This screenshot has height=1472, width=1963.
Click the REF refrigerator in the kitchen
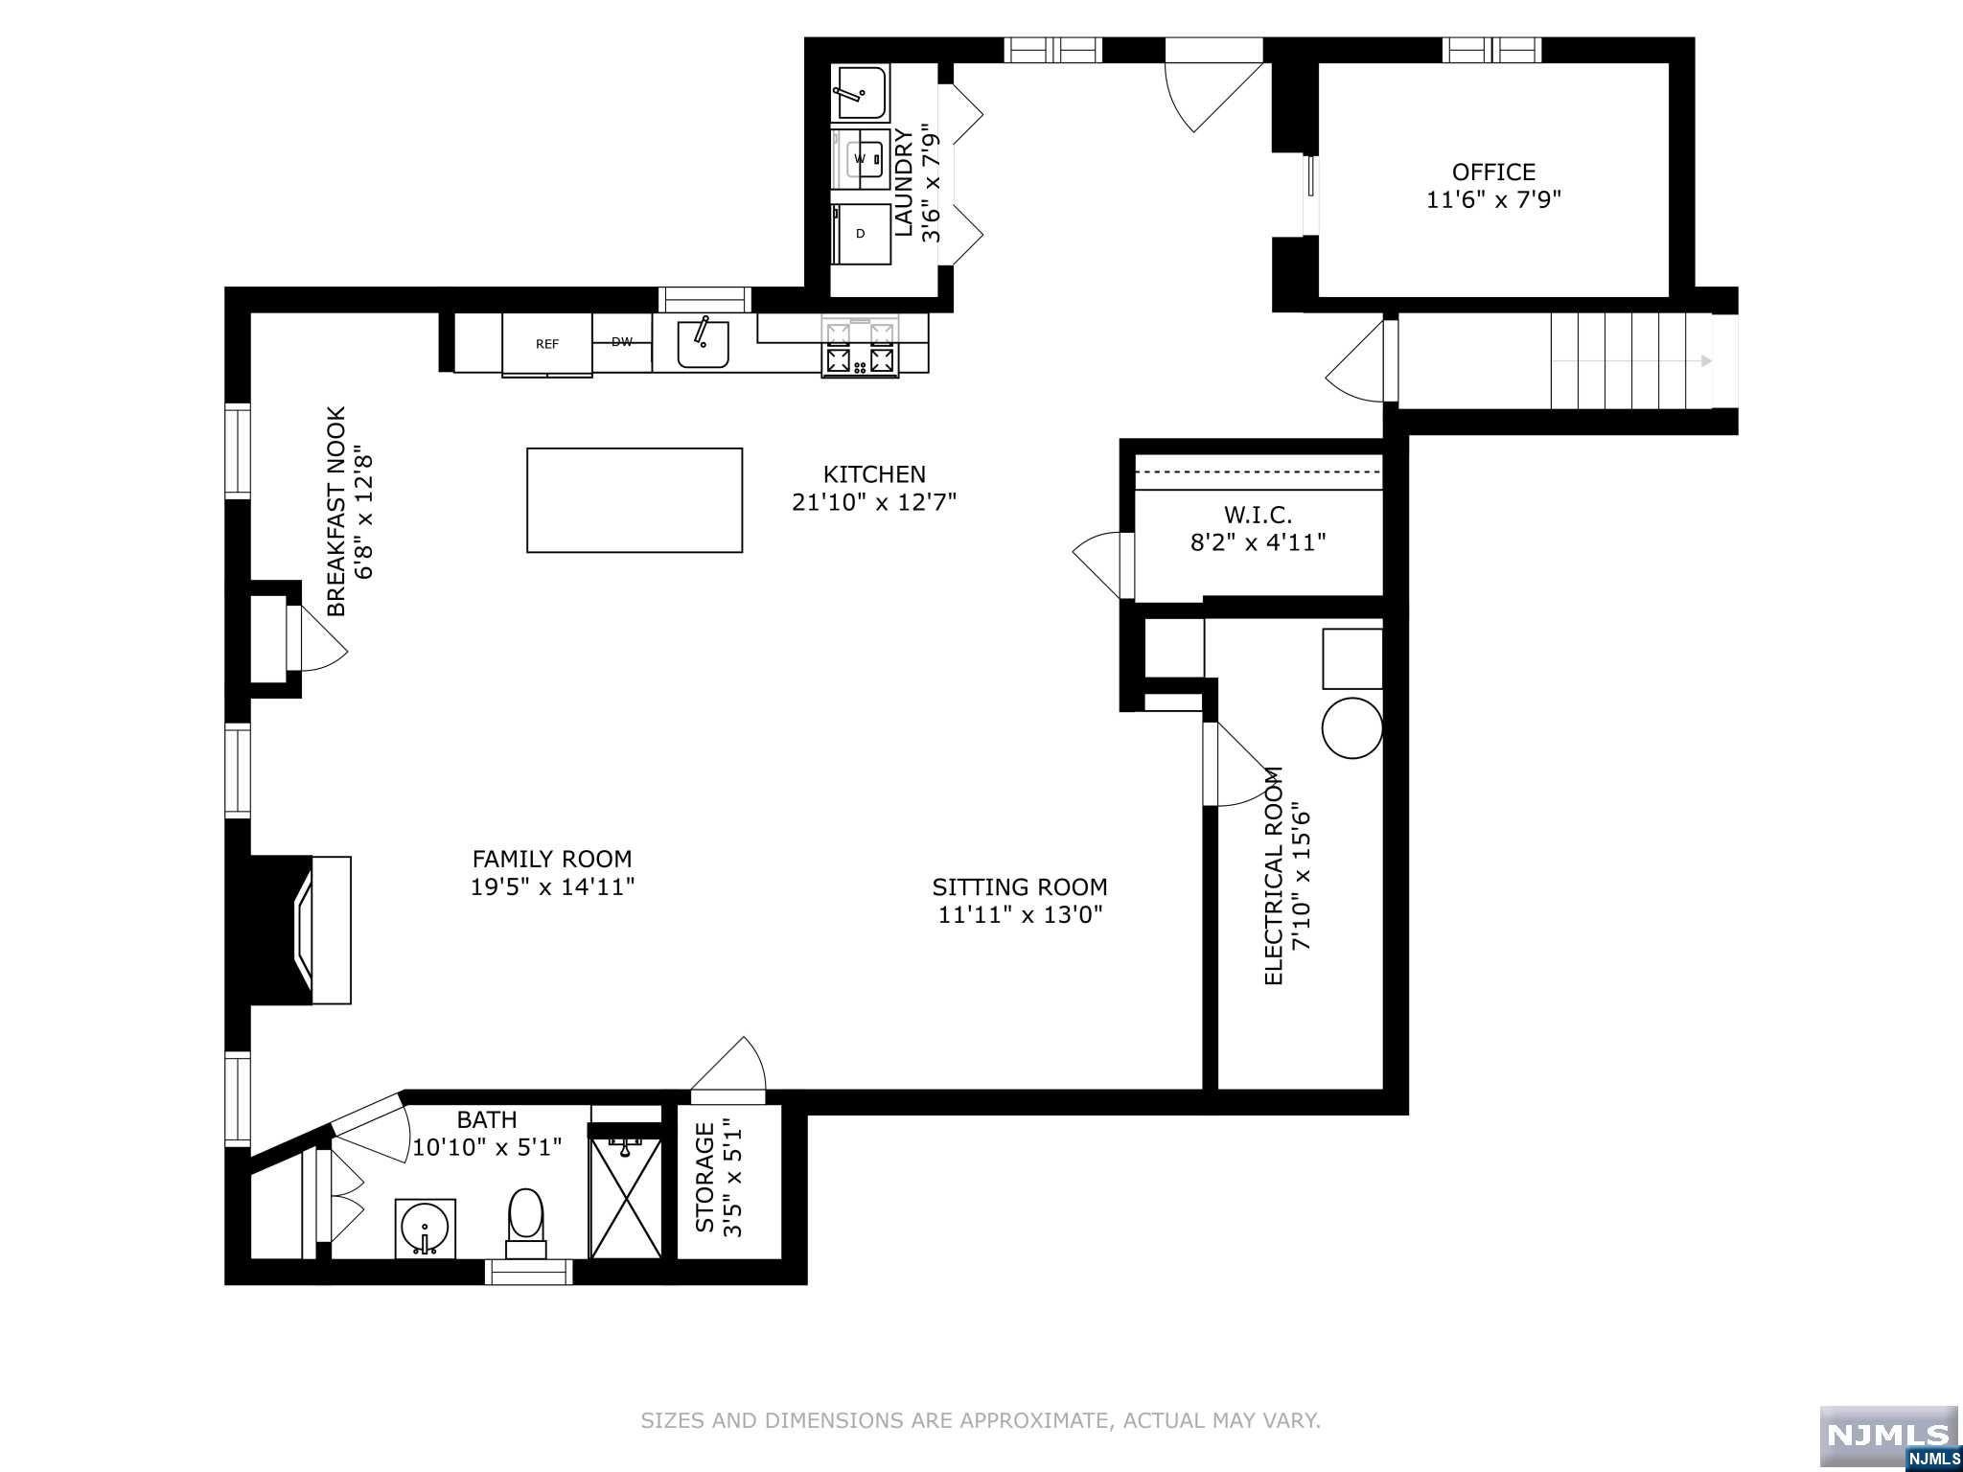tap(547, 344)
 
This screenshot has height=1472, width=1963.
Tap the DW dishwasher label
tap(622, 342)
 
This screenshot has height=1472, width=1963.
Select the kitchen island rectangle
tap(635, 500)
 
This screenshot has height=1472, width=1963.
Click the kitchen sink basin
tap(703, 344)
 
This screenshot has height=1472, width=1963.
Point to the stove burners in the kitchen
tap(860, 348)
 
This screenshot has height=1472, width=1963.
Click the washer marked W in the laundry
tap(861, 158)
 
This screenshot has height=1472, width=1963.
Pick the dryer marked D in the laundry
tap(861, 234)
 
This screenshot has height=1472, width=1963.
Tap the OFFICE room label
tap(1493, 172)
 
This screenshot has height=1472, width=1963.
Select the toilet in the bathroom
tap(525, 1223)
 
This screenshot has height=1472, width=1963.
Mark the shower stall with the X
tap(626, 1197)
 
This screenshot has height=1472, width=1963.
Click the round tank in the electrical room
tap(1351, 727)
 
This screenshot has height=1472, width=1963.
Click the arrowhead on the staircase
tap(1706, 361)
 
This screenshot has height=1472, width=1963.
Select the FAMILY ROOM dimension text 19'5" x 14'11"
tap(552, 887)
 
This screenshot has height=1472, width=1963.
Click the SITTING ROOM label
tap(1020, 887)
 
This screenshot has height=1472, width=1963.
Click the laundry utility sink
tap(862, 92)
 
